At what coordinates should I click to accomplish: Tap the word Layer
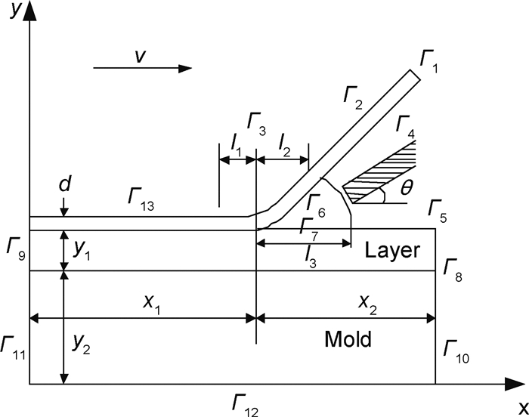coord(391,250)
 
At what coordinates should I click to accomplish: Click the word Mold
coord(348,339)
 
